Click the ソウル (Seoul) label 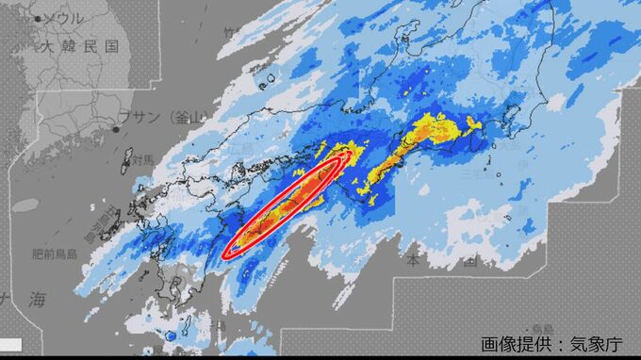tap(65, 18)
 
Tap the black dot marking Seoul tap(39, 18)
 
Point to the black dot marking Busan tap(116, 128)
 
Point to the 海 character tap(37, 300)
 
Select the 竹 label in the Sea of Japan tap(227, 32)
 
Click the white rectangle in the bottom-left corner tap(10, 343)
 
